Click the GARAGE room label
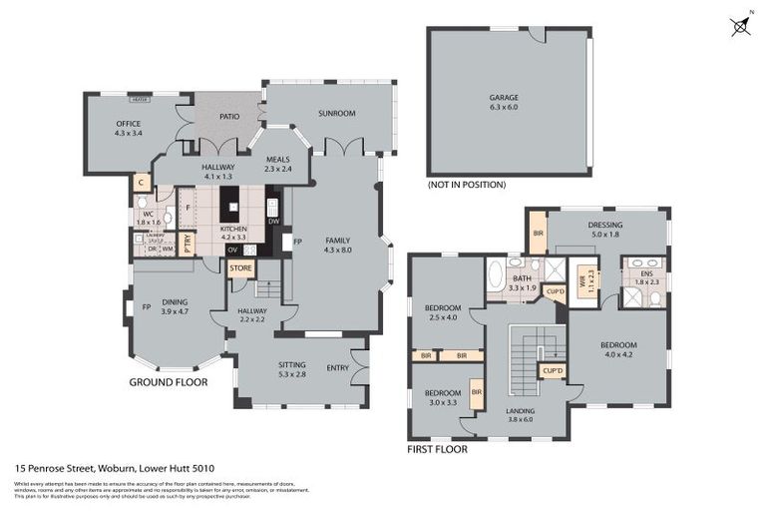tap(503, 98)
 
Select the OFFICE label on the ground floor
tap(128, 124)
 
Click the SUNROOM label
tap(336, 114)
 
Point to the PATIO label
tap(229, 117)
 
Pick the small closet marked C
tap(141, 183)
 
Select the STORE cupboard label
tap(240, 268)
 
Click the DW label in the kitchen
tap(273, 222)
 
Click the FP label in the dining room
tap(146, 306)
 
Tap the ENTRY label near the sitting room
tap(337, 367)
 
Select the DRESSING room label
tap(604, 226)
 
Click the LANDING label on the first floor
tap(519, 411)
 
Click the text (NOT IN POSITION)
tap(466, 185)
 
